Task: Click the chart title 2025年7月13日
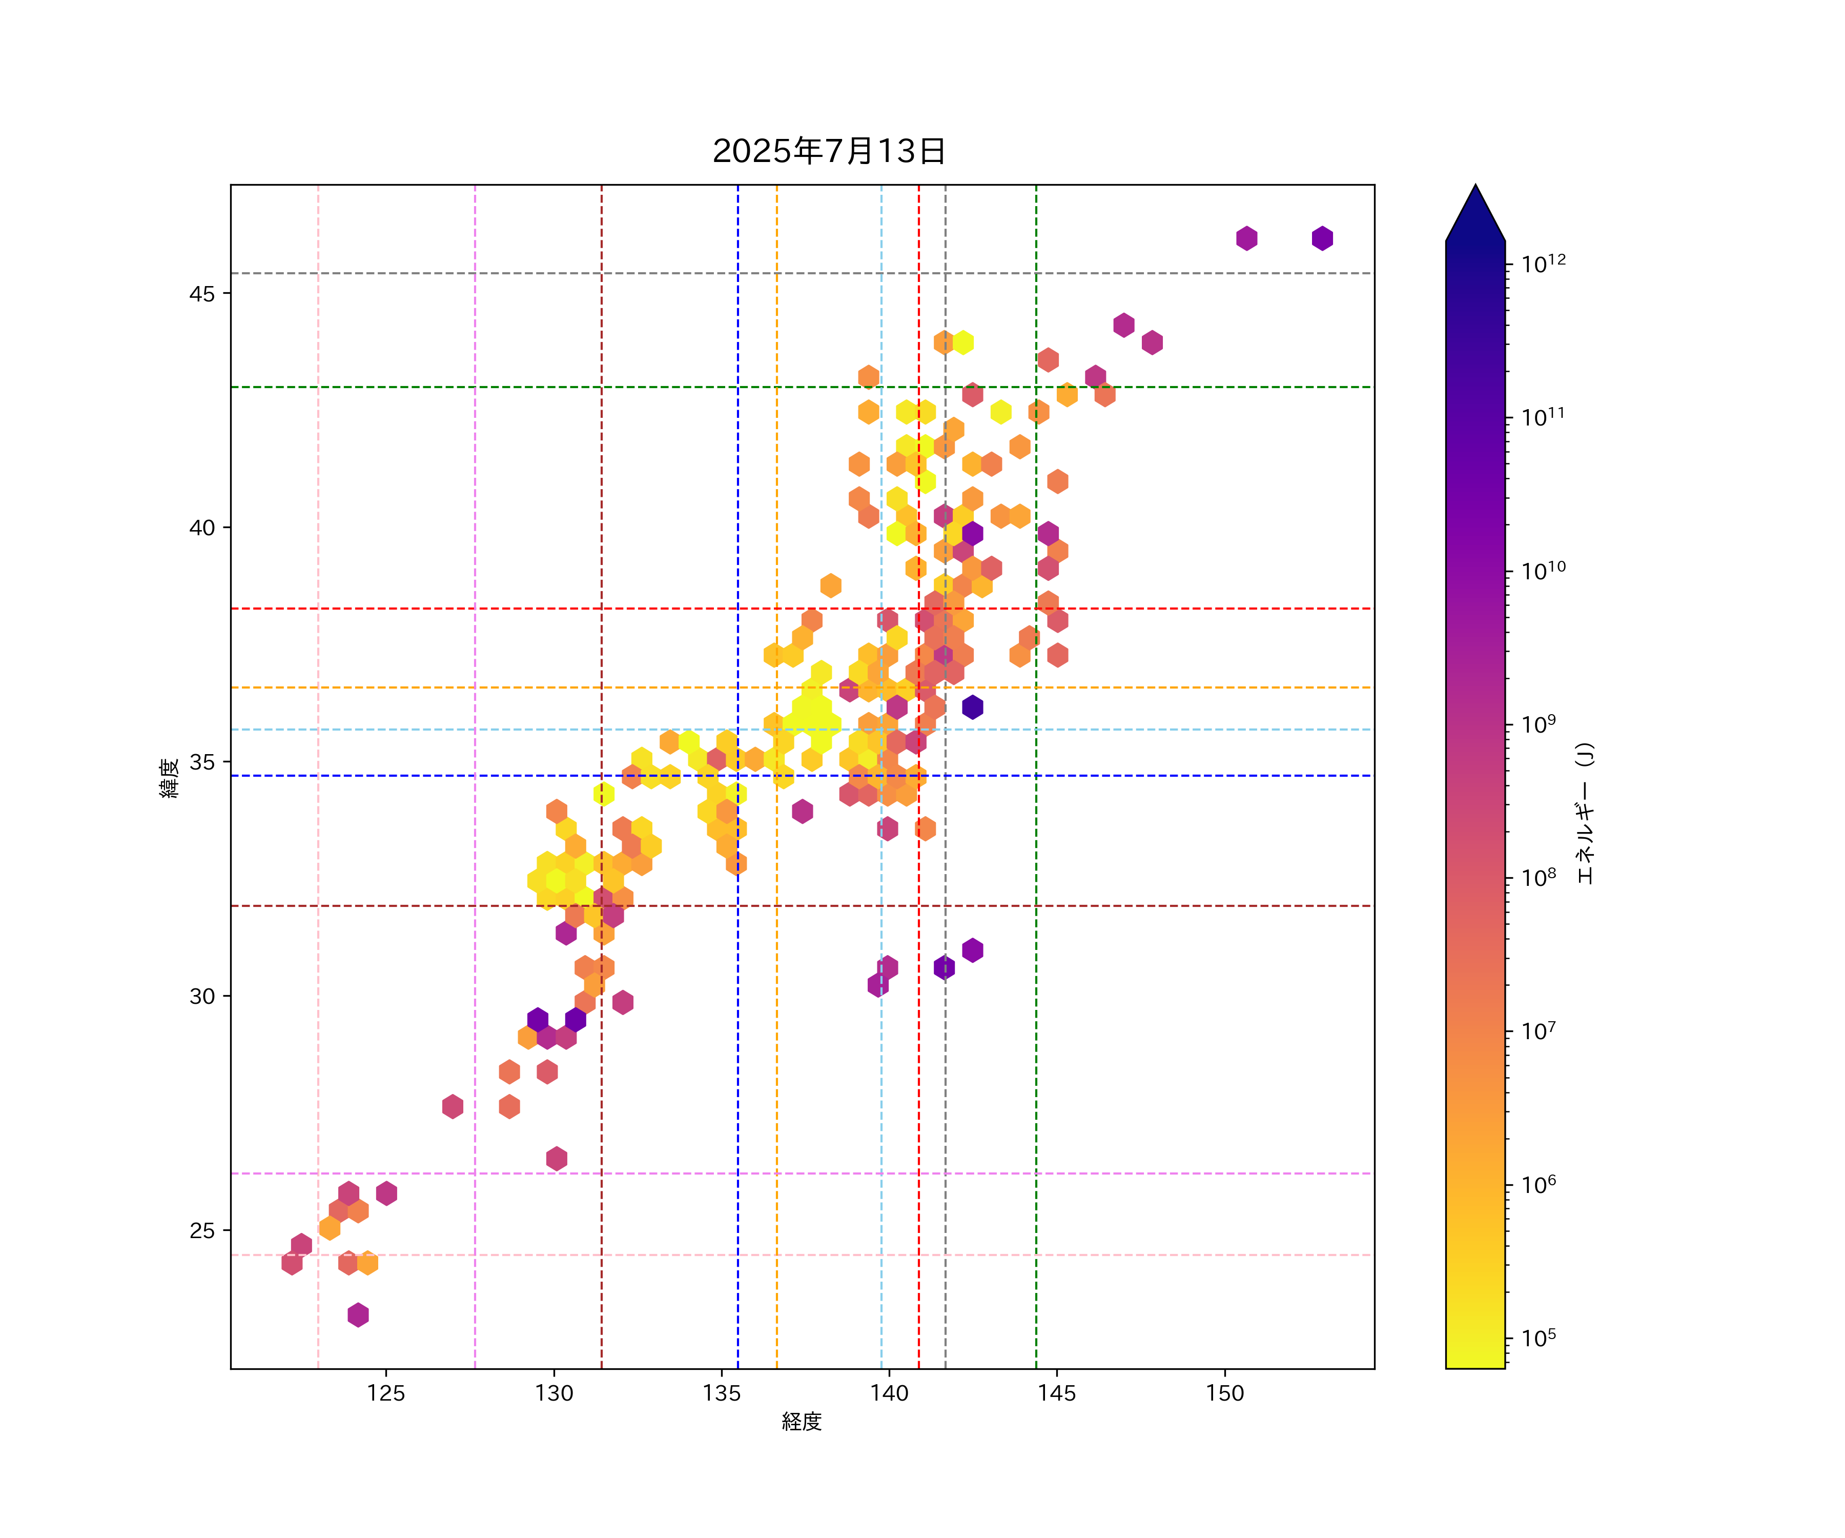[829, 151]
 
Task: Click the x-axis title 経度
[801, 1421]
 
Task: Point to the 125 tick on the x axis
[386, 1393]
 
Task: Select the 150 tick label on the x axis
[1225, 1393]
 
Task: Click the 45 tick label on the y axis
[201, 294]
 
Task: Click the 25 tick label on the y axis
[201, 1230]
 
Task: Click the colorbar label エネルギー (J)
[1584, 813]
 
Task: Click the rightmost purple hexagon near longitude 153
[1322, 238]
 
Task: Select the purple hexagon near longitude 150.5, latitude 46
[1247, 238]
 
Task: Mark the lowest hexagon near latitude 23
[358, 1315]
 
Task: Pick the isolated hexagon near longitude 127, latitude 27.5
[453, 1106]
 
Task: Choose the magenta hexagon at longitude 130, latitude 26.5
[556, 1158]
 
